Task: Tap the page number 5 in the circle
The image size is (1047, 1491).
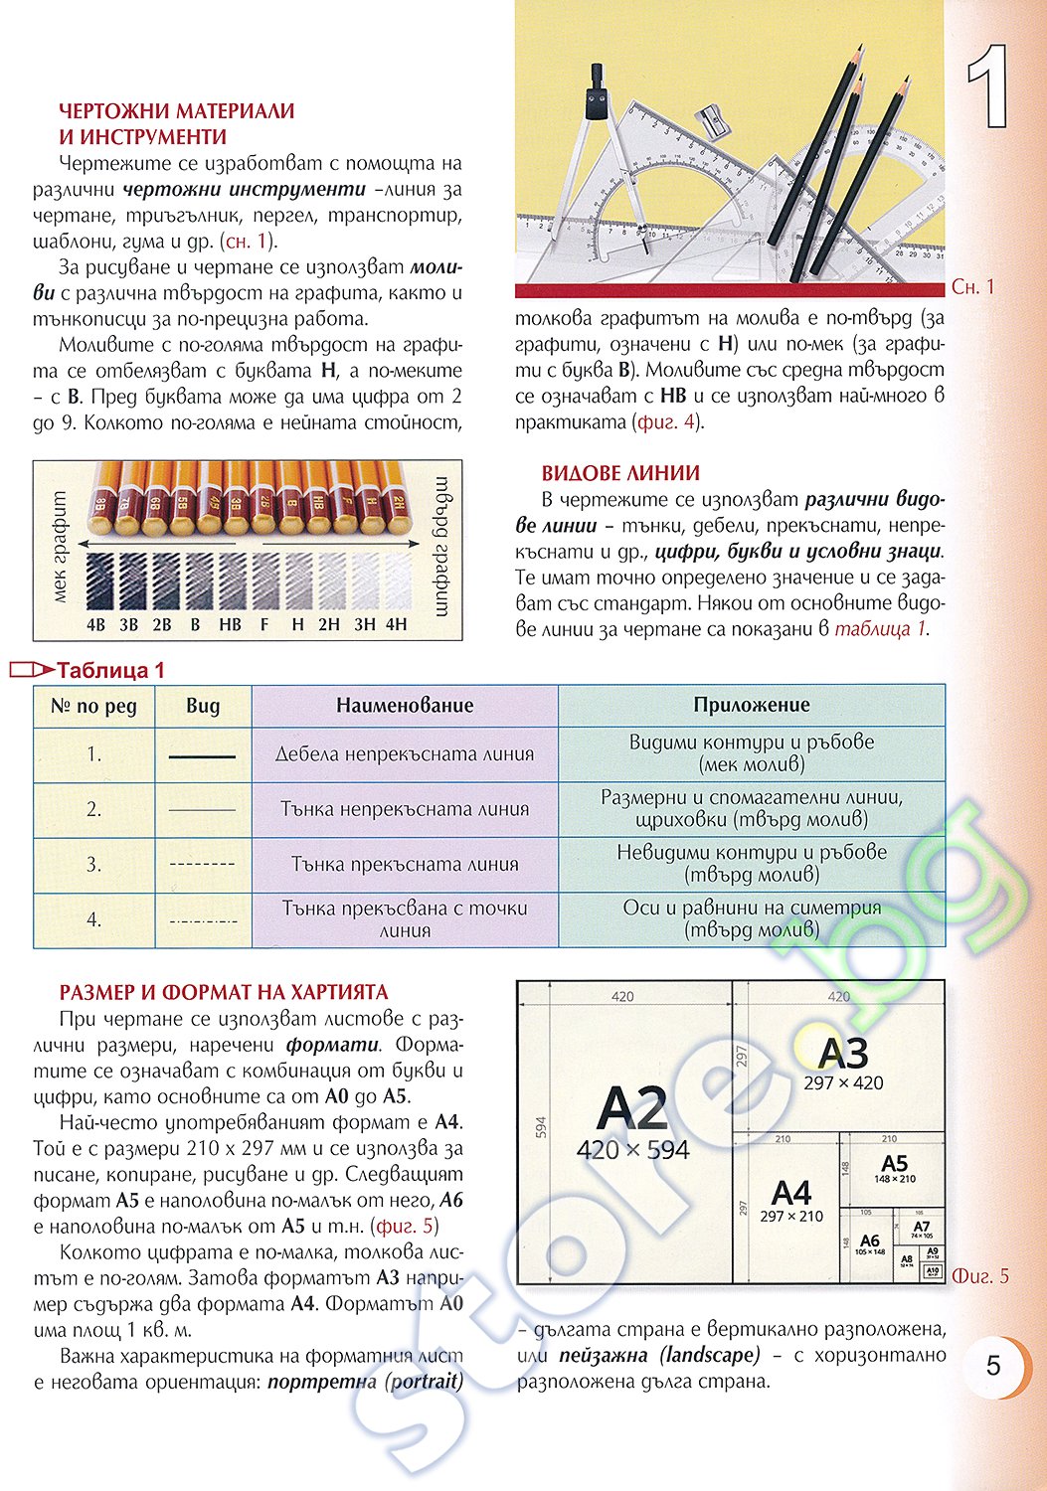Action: [993, 1366]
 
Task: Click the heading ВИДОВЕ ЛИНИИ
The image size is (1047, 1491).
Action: [620, 474]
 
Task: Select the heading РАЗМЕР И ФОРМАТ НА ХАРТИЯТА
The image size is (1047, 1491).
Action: [224, 992]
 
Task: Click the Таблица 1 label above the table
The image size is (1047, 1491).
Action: [109, 671]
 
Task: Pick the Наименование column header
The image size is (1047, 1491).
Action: [405, 706]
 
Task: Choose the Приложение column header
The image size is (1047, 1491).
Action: [752, 705]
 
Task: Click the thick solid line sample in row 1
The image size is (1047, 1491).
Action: [202, 756]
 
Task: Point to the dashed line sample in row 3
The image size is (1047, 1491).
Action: [202, 865]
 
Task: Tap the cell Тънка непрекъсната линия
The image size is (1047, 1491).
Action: [405, 809]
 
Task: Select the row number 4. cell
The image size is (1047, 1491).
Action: [93, 919]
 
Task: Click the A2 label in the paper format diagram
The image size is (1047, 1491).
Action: [633, 1108]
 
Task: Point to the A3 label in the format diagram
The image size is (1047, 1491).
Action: [843, 1053]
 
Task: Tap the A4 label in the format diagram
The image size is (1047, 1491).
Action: [791, 1192]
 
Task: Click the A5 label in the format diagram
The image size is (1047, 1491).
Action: [895, 1163]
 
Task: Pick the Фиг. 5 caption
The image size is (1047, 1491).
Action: [980, 1276]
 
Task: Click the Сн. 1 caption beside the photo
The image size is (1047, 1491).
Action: [972, 287]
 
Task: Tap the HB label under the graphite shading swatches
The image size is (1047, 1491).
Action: [230, 625]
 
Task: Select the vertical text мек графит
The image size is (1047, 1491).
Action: [59, 549]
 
